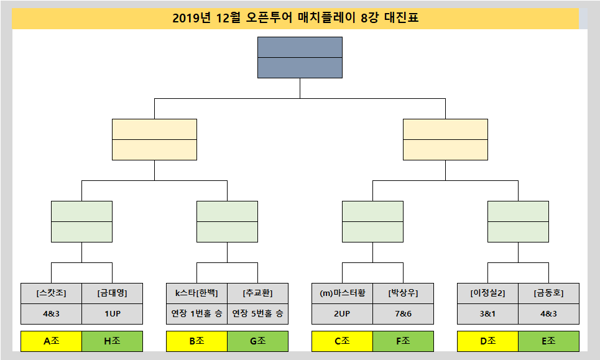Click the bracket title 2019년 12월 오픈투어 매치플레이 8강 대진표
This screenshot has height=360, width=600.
(x=295, y=18)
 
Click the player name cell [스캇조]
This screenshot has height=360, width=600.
(x=51, y=293)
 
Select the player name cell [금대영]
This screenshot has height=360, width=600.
(x=112, y=293)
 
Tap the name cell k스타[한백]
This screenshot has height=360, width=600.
(x=196, y=293)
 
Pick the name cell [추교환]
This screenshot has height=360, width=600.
(x=257, y=293)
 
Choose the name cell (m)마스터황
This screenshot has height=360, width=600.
(x=342, y=293)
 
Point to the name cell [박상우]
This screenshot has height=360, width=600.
(x=403, y=293)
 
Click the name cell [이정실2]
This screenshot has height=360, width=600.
(x=487, y=293)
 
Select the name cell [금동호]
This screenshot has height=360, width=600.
(x=548, y=293)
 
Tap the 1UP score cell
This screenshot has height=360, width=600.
(x=112, y=314)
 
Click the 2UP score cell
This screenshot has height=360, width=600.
(x=342, y=314)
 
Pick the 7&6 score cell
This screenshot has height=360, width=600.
(x=403, y=314)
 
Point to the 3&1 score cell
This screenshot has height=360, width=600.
(x=487, y=314)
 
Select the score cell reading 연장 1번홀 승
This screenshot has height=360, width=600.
(x=196, y=314)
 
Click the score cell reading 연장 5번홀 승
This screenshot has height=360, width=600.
(x=257, y=314)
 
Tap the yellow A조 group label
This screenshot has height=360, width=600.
(x=51, y=341)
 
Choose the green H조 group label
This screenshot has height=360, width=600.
(x=112, y=341)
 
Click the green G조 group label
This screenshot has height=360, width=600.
(x=257, y=341)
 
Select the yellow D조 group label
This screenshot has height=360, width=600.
(x=487, y=341)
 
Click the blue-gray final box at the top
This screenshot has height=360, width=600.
(x=300, y=57)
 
